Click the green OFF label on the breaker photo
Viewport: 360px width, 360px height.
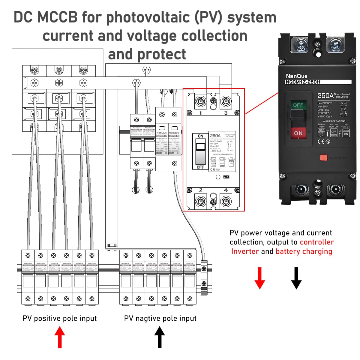pyautogui.click(x=298, y=105)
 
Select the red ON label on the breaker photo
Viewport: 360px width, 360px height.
pyautogui.click(x=298, y=133)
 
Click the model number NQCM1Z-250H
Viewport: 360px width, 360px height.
pyautogui.click(x=303, y=82)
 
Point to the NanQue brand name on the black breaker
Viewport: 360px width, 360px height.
pyautogui.click(x=296, y=76)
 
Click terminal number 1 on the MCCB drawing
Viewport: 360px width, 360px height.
pyautogui.click(x=200, y=113)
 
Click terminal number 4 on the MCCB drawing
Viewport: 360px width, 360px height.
pyautogui.click(x=226, y=190)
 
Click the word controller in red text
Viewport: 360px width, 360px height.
pyautogui.click(x=316, y=242)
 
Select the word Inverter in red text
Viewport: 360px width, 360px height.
pyautogui.click(x=245, y=251)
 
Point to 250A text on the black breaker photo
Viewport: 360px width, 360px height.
pyautogui.click(x=325, y=96)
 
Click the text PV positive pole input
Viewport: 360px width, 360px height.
pyautogui.click(x=60, y=318)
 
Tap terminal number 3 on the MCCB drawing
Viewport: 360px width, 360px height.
pyautogui.click(x=226, y=113)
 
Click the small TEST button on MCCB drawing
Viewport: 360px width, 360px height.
pyautogui.click(x=226, y=177)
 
